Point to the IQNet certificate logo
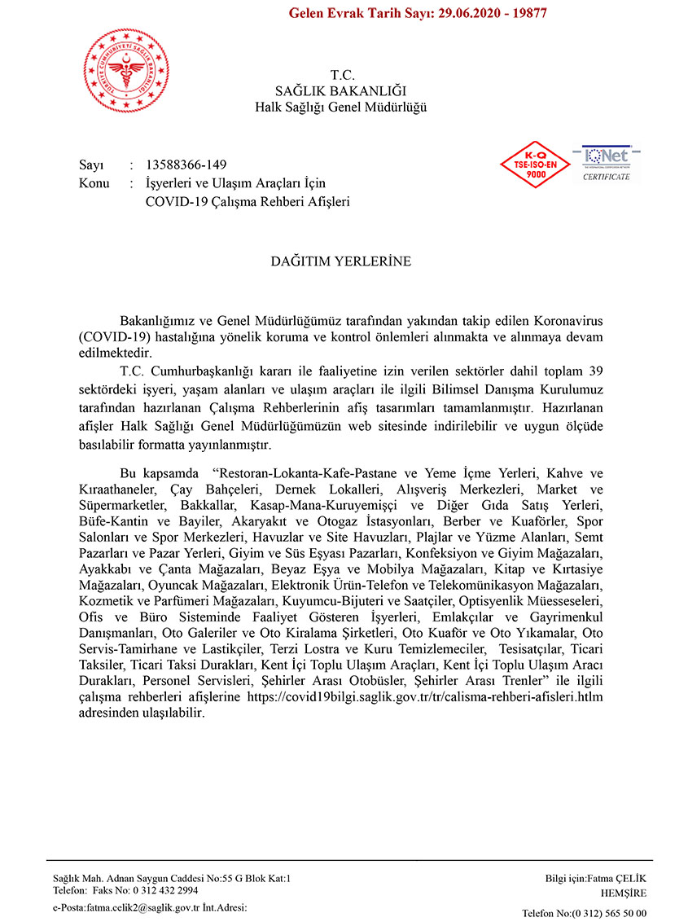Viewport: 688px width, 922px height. pyautogui.click(x=606, y=163)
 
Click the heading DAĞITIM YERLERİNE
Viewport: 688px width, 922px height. pyautogui.click(x=341, y=262)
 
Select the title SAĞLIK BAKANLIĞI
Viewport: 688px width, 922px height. pyautogui.click(x=342, y=90)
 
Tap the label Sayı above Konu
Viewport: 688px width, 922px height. pyautogui.click(x=92, y=165)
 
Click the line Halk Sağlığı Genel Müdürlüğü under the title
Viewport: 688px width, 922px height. pyautogui.click(x=341, y=107)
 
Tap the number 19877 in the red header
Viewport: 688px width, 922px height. pyautogui.click(x=527, y=14)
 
